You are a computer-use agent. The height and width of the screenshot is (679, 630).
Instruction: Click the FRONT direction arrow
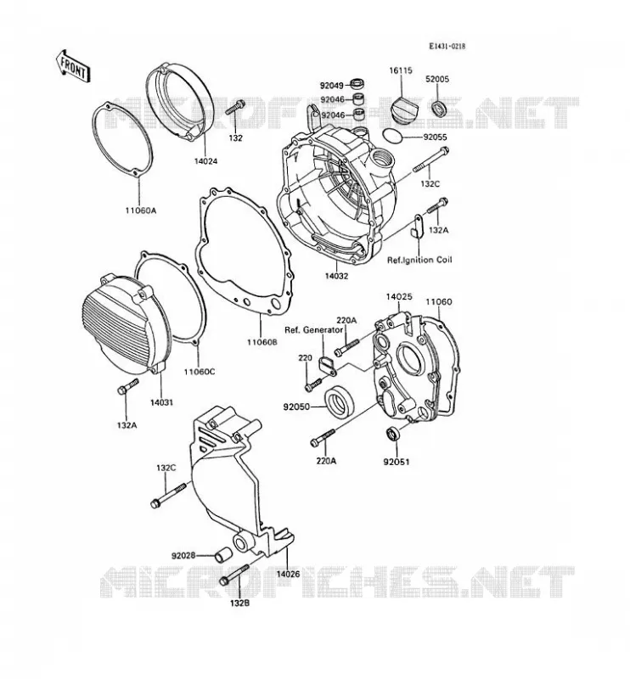click(x=73, y=66)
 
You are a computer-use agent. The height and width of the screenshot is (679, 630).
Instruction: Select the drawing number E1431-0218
click(x=447, y=47)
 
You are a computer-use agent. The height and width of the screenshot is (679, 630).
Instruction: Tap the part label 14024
click(x=205, y=161)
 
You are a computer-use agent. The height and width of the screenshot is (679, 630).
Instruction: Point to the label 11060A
click(x=140, y=210)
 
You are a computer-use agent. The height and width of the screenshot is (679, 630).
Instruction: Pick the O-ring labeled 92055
click(x=393, y=135)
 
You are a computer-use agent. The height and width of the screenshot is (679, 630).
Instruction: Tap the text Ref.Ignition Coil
click(x=419, y=260)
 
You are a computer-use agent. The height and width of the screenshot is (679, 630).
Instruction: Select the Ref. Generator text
click(x=313, y=330)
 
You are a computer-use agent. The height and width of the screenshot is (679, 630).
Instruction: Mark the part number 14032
click(x=336, y=276)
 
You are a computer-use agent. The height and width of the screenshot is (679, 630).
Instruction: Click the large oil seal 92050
click(x=340, y=401)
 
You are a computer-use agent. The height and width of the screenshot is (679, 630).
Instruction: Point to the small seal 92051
click(x=393, y=433)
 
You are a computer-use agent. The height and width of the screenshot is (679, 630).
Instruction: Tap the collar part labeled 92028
click(x=224, y=555)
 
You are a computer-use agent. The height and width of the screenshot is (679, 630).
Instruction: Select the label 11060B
click(x=262, y=342)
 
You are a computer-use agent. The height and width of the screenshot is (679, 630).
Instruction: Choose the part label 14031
click(x=161, y=402)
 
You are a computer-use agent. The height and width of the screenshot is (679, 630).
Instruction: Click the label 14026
click(x=288, y=575)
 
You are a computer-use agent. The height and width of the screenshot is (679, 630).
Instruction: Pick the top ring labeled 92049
click(x=357, y=82)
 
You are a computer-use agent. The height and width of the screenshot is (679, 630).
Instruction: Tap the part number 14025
click(x=399, y=297)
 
